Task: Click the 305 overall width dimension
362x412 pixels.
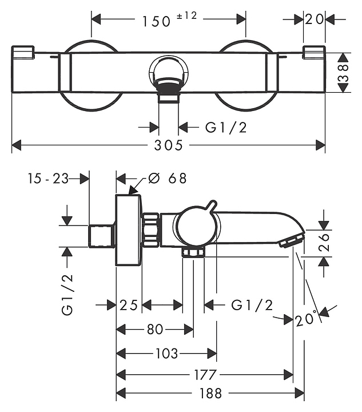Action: coord(168,145)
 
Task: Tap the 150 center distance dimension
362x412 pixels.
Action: coord(157,21)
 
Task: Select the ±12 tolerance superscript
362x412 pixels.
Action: coord(186,16)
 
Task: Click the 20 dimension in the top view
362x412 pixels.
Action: coord(314,19)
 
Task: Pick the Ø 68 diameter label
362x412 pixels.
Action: coord(168,179)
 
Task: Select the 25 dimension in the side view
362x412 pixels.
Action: coord(129,306)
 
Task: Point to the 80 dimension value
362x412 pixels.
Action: coord(154,329)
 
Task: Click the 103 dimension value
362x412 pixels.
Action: coord(166,354)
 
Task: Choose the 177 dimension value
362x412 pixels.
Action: coord(205,375)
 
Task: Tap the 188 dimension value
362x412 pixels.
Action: coord(211,394)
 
